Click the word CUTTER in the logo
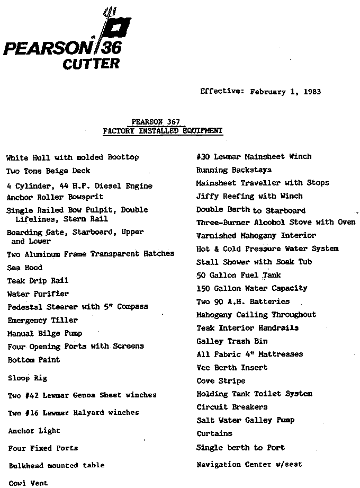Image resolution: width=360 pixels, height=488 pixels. tap(91, 65)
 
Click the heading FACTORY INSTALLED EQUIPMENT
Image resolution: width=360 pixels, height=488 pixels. tap(163, 130)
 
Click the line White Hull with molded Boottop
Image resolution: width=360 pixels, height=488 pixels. tap(73, 157)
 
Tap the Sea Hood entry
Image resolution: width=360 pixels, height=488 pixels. tap(25, 268)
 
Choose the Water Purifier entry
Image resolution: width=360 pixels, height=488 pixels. tap(38, 294)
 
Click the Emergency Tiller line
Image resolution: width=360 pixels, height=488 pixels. tap(42, 320)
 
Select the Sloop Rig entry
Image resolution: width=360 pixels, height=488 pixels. tap(28, 378)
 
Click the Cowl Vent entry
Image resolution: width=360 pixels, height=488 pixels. tap(28, 483)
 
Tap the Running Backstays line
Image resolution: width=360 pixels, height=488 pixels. tap(233, 170)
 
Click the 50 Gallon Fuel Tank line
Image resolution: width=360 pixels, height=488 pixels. tap(238, 275)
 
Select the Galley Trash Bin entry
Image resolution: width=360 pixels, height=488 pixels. tap(232, 341)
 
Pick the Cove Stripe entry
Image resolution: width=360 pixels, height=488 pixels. tap(221, 381)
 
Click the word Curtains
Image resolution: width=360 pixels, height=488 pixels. tap(214, 433)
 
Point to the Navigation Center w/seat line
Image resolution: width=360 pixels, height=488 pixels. tap(249, 465)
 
